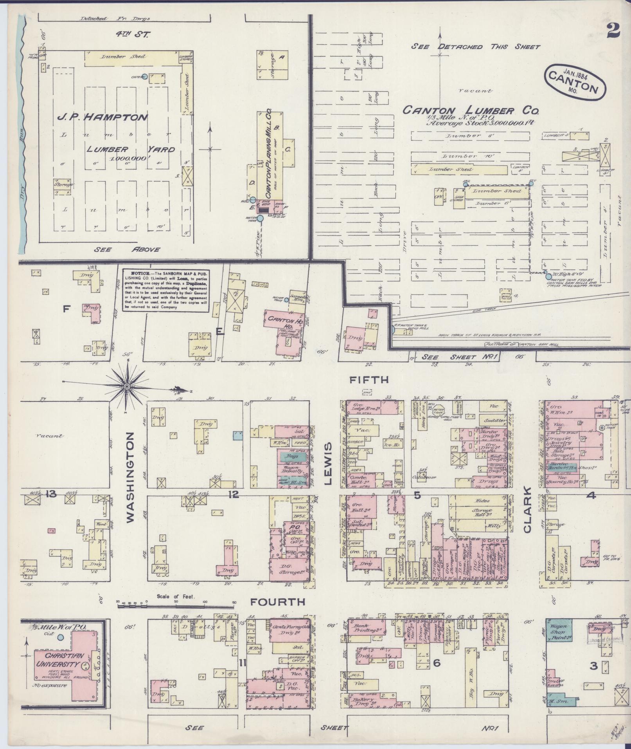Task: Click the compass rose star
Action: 127,386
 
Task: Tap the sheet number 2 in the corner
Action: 614,31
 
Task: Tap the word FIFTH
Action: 369,379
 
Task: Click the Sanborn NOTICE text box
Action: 166,290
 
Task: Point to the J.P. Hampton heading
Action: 102,117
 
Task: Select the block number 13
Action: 51,495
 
